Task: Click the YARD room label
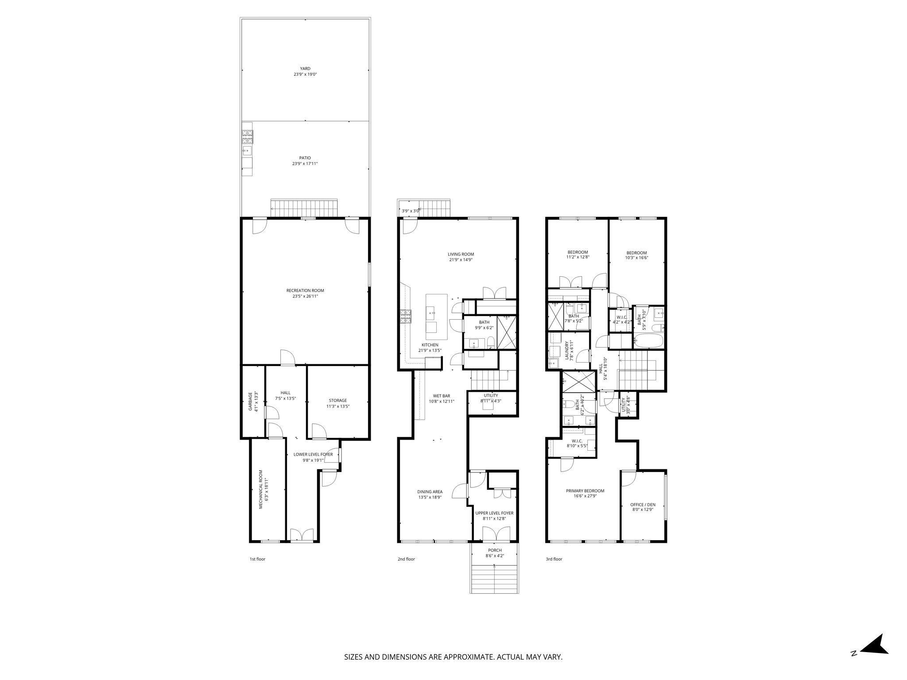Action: coord(305,69)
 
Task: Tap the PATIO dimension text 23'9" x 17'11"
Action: coord(305,164)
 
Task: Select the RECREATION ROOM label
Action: coord(305,290)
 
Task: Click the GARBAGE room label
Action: coord(250,401)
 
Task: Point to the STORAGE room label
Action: coord(337,401)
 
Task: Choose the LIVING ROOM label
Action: coord(461,254)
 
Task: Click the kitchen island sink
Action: coord(431,314)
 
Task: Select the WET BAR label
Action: coord(442,396)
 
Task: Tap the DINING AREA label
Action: coord(430,492)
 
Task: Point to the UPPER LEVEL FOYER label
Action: coord(494,513)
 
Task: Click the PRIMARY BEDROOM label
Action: coord(585,491)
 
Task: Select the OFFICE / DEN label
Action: coord(643,505)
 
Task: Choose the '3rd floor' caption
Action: coord(554,559)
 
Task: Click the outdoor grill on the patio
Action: coord(247,137)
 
